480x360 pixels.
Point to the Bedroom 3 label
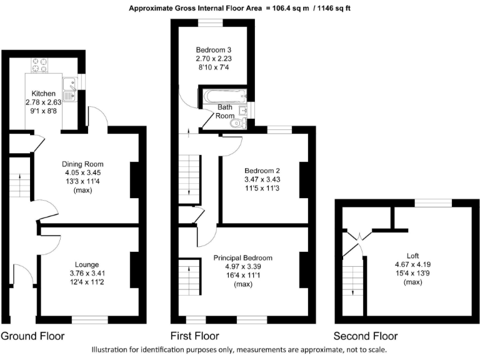coord(214,50)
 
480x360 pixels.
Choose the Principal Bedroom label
coord(243,258)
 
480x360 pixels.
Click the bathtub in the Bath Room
coord(223,96)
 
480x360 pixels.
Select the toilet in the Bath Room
coord(237,124)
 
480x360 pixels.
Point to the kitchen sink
coord(68,95)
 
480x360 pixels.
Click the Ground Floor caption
coord(32,336)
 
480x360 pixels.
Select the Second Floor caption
coord(366,336)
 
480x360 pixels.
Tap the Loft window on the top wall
coord(434,202)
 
